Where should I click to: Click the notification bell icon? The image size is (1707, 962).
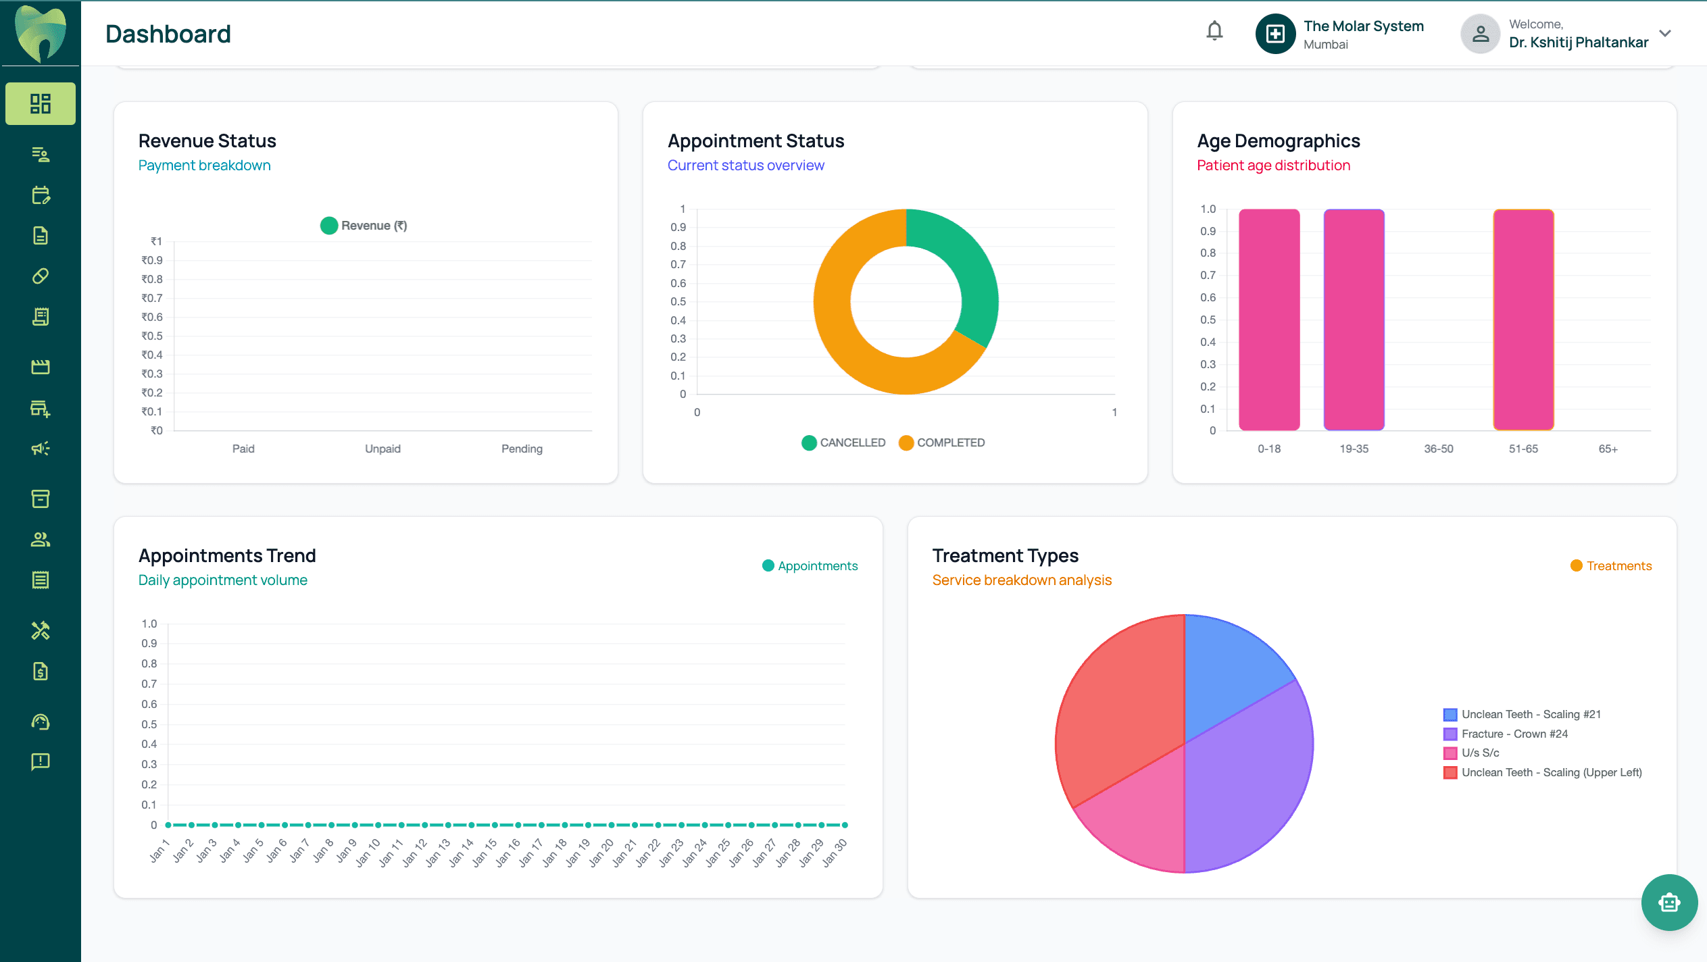tap(1214, 31)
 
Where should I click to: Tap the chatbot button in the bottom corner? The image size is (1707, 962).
tap(1668, 903)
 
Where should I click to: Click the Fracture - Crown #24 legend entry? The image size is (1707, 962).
tap(1514, 734)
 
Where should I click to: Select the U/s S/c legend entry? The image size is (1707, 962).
tap(1479, 753)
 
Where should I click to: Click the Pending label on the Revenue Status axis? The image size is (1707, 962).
tap(522, 449)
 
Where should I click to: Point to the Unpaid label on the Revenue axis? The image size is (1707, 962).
tap(382, 449)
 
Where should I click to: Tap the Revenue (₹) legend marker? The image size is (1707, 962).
tap(329, 226)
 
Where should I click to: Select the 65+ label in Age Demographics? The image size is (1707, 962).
tap(1608, 449)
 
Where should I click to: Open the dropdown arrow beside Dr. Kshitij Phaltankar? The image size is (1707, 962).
tap(1665, 33)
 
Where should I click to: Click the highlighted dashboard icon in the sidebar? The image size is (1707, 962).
tap(41, 103)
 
